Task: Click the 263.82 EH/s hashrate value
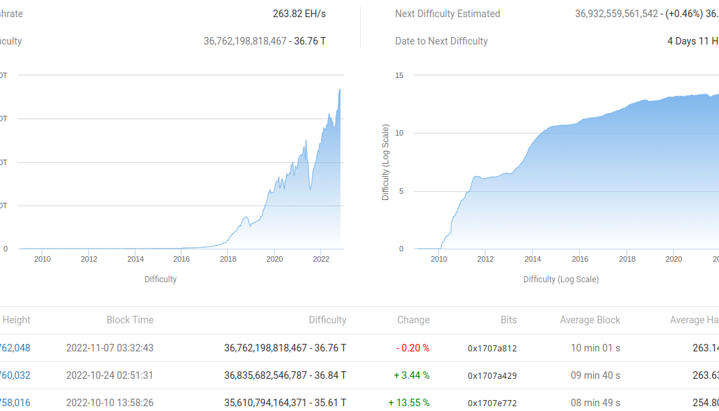(x=299, y=14)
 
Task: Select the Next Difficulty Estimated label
(x=448, y=14)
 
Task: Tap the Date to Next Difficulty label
(x=442, y=41)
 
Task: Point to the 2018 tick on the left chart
(x=228, y=259)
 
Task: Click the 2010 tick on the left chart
(x=42, y=259)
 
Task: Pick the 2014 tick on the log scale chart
(x=533, y=259)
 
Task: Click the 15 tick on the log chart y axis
(x=399, y=75)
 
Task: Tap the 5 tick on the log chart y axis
(x=401, y=191)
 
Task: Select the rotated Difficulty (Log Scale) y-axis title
(x=386, y=162)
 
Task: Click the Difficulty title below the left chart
(x=160, y=279)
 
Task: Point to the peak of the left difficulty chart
(x=340, y=90)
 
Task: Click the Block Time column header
(x=130, y=320)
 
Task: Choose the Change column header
(x=414, y=320)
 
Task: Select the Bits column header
(x=508, y=320)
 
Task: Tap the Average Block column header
(x=590, y=320)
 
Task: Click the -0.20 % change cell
(x=413, y=348)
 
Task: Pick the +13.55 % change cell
(x=409, y=403)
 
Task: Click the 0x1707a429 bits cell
(x=492, y=375)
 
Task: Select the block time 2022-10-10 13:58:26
(x=110, y=403)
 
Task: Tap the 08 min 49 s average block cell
(x=596, y=403)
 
